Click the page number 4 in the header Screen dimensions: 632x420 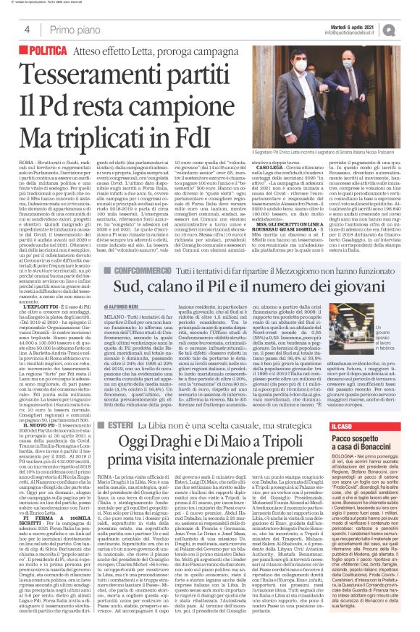26,30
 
